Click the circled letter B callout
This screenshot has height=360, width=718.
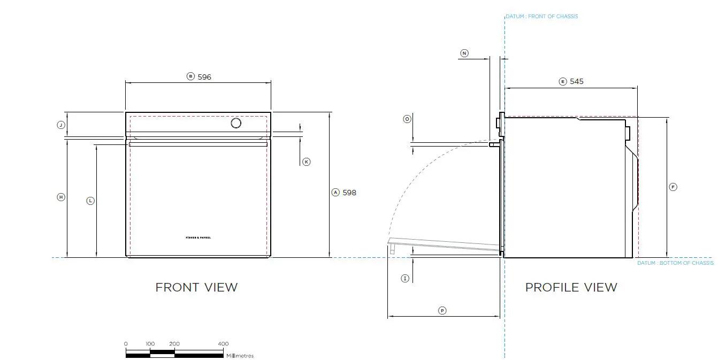[x=190, y=76]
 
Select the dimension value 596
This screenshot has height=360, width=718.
[x=204, y=77]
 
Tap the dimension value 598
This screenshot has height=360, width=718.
[x=349, y=193]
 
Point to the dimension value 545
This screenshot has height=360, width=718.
[x=577, y=82]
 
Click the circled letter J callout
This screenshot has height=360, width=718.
[x=61, y=125]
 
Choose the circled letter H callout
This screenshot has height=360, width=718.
[x=61, y=197]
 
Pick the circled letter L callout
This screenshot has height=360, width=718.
[x=90, y=201]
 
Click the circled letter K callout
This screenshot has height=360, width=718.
[x=306, y=162]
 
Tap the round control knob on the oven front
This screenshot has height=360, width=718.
[x=235, y=124]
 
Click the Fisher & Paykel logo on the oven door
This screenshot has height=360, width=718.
[x=198, y=236]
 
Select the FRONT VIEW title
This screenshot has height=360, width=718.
[x=196, y=287]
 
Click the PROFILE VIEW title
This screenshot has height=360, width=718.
[x=571, y=287]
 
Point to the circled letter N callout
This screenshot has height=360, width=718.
[x=464, y=53]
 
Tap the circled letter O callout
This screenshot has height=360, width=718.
[x=407, y=119]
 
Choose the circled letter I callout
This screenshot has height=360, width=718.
[x=405, y=278]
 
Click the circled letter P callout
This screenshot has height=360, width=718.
[x=442, y=310]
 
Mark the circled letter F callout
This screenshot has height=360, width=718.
[x=673, y=187]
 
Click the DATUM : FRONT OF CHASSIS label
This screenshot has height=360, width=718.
[x=542, y=17]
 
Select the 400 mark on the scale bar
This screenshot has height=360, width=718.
[x=223, y=344]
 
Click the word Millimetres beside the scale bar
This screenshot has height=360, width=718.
[x=240, y=356]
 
